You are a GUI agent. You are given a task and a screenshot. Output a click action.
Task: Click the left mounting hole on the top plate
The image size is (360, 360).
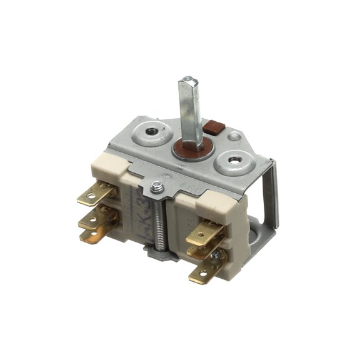(x=151, y=132)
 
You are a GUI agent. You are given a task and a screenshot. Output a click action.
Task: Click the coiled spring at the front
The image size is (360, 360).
(x=160, y=219)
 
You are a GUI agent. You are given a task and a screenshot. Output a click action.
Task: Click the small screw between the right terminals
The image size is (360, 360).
(x=216, y=256)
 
